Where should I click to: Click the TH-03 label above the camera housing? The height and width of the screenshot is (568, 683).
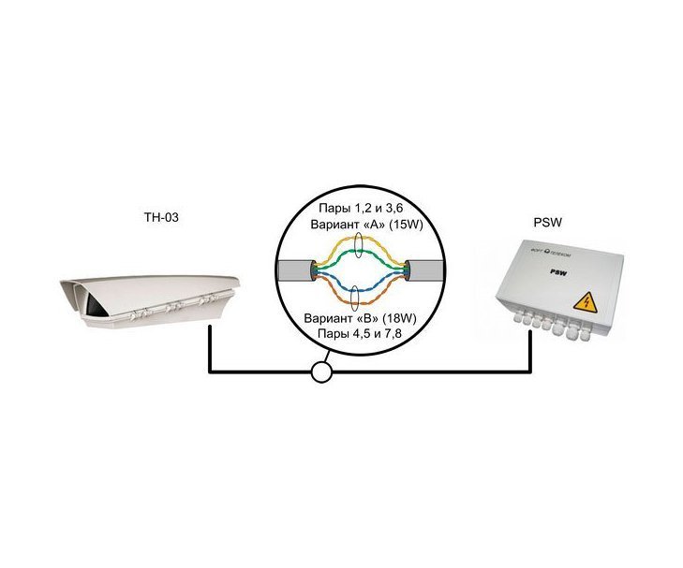161,217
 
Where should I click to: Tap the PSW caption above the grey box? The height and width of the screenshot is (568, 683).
547,223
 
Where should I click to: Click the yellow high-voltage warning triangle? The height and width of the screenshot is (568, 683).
585,301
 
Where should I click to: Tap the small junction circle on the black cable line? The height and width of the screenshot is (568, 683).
322,372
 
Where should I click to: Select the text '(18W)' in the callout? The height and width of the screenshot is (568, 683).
399,318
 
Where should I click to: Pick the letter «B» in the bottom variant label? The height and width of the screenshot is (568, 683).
366,318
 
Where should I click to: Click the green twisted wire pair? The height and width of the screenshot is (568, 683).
360,254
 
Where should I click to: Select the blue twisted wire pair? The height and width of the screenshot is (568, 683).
360,288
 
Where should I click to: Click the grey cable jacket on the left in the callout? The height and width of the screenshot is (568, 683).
295,270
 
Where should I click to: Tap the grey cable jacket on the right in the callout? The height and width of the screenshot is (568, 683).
425,270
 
